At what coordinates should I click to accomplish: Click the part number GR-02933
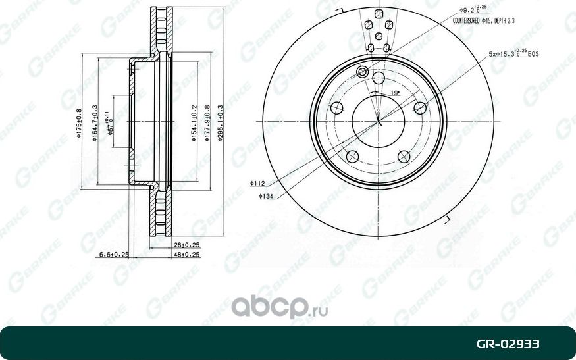pos(508,344)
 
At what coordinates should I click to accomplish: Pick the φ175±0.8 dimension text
pos(79,124)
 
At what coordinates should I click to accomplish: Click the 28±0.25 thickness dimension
pos(187,245)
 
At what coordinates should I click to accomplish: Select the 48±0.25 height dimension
pos(187,253)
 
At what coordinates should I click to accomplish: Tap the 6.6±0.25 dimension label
pos(113,253)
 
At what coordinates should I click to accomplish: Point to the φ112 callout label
pos(257,184)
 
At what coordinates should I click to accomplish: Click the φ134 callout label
pos(266,196)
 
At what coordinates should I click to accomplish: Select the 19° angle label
pos(395,93)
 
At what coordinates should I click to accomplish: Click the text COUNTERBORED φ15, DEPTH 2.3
pos(483,21)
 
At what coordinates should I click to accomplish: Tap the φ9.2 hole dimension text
pos(471,10)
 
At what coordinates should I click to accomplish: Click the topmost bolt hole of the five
pos(378,79)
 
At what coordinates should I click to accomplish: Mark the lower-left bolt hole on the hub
pos(352,156)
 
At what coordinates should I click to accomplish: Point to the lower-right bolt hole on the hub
pos(404,156)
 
